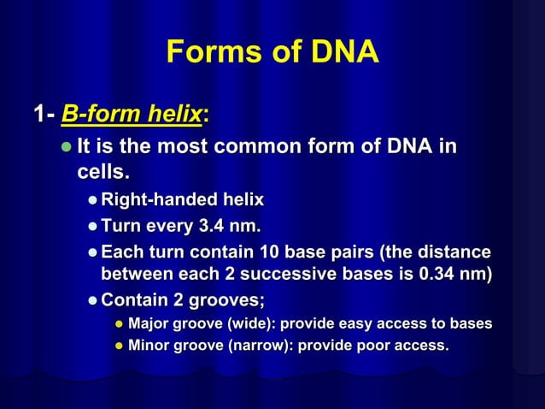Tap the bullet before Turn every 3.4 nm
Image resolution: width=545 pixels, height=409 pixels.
(92, 228)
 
